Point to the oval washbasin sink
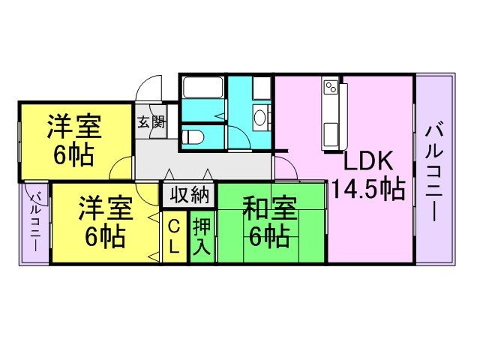[259, 118]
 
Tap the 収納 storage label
[188, 196]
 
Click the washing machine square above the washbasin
[260, 88]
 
